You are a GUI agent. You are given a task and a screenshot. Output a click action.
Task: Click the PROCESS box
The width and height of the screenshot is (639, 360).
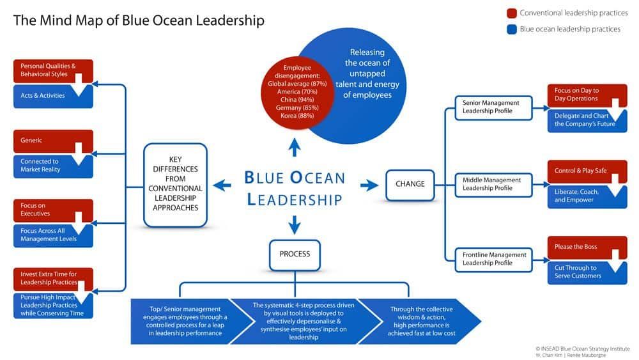[295, 254]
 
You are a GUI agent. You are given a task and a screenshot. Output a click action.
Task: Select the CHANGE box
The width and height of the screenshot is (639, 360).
[410, 185]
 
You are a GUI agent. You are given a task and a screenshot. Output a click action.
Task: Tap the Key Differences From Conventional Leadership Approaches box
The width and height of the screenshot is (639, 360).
[175, 185]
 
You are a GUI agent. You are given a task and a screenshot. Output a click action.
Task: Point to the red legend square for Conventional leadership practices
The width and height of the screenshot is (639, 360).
[512, 13]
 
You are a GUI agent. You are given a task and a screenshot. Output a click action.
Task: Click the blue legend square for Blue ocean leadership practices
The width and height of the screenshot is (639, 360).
[512, 29]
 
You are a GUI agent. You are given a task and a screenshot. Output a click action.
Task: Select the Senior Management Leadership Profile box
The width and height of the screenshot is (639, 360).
[493, 107]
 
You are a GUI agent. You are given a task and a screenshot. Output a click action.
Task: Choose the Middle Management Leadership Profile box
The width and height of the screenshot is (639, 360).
[493, 185]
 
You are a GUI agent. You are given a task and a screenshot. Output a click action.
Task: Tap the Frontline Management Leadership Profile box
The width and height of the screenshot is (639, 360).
[493, 260]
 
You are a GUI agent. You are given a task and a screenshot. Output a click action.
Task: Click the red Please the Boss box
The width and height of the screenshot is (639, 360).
[587, 247]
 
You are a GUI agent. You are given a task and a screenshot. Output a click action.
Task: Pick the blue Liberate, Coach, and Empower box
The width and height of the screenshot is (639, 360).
[587, 196]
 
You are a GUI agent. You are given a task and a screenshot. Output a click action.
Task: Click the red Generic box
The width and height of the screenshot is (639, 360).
[53, 141]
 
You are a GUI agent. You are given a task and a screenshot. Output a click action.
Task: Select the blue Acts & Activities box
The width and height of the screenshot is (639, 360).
[53, 96]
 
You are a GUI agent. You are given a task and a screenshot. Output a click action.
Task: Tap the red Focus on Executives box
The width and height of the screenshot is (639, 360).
[53, 210]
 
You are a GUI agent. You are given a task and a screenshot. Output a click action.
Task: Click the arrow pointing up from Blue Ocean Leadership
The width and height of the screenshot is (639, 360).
[295, 147]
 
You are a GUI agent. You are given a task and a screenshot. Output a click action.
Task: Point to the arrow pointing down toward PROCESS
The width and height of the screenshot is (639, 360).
[295, 224]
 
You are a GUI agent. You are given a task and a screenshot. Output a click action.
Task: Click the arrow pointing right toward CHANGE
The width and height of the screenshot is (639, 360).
[369, 185]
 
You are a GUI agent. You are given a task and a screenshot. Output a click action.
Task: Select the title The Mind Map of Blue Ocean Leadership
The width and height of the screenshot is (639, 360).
[139, 20]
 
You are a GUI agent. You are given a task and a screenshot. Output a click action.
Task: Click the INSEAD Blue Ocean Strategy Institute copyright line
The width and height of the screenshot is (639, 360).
[582, 348]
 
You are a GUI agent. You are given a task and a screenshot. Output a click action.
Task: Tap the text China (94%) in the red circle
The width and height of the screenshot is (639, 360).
[297, 100]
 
